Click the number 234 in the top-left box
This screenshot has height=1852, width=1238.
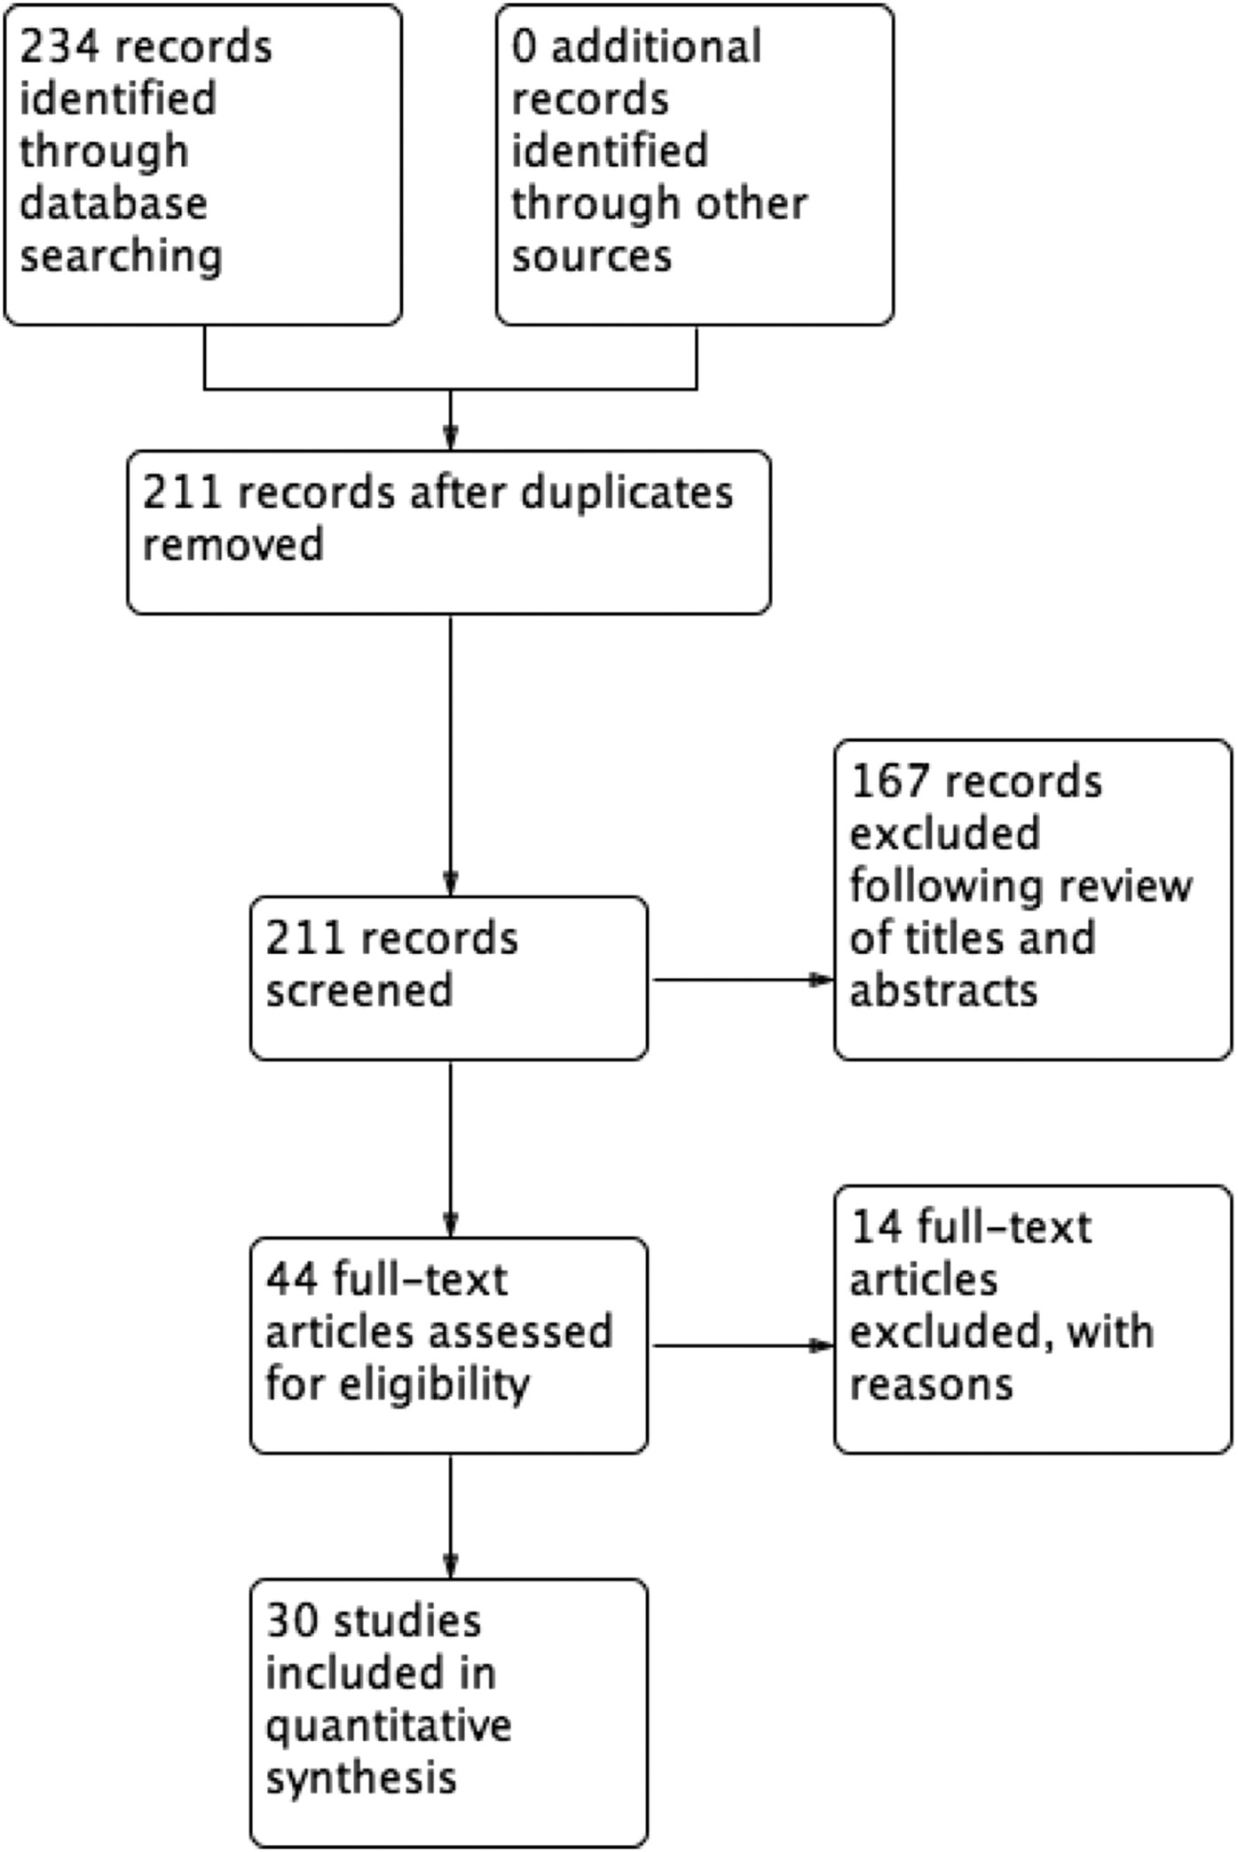59,47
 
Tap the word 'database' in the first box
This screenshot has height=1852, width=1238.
113,204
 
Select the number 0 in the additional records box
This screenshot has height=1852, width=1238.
524,47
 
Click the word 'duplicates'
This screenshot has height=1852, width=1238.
627,493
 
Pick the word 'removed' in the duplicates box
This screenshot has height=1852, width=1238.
233,545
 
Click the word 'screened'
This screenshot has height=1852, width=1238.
359,991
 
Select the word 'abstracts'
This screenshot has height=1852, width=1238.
942,991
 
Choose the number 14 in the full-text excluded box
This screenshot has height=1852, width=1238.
877,1228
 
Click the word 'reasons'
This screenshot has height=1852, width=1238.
930,1385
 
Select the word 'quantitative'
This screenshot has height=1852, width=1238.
388,1727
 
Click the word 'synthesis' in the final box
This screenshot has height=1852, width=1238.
360,1778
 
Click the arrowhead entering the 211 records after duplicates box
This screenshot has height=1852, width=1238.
451,438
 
